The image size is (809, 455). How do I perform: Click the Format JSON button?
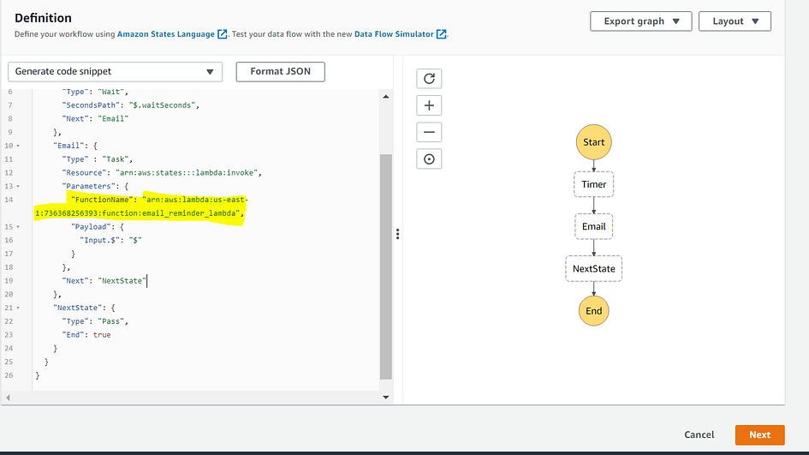[280, 72]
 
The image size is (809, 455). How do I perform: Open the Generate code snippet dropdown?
[115, 72]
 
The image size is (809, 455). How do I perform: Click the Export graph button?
[641, 21]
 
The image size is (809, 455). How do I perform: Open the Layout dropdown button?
[735, 21]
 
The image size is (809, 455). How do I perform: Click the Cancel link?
[699, 434]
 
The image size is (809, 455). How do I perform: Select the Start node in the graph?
[594, 142]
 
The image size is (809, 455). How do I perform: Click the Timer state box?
[594, 184]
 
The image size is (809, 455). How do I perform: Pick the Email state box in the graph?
[594, 227]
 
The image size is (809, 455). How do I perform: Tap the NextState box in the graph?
[594, 268]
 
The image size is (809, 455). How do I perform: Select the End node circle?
[594, 311]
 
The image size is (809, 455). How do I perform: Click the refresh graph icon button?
[429, 79]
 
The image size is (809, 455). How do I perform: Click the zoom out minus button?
[429, 132]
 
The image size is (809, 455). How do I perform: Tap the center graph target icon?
[429, 159]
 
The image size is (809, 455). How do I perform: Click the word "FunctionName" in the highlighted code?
[102, 200]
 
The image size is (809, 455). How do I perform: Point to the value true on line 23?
[102, 335]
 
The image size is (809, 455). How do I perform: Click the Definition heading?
[43, 18]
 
